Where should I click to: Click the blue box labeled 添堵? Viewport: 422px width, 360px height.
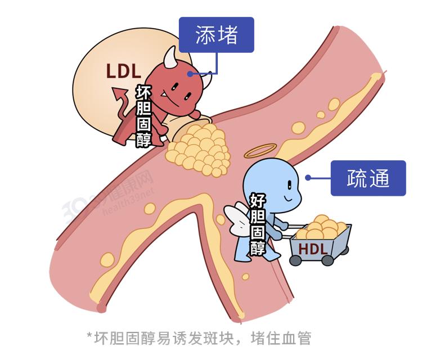coord(217,35)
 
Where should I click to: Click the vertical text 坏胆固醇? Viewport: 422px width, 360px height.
coord(144,115)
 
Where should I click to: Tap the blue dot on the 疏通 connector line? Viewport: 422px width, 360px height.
coord(308,178)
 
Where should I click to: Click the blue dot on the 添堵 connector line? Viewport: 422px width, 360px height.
coord(191,73)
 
